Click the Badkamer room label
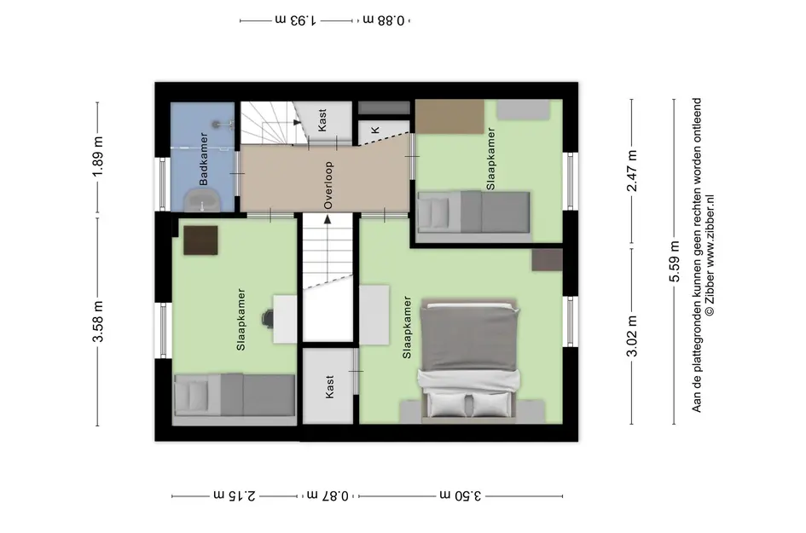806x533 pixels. pos(204,159)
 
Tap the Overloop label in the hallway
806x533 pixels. pos(328,186)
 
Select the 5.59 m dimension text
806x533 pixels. pos(675,262)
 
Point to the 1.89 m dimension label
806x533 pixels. pos(98,156)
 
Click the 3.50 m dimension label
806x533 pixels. pos(461,495)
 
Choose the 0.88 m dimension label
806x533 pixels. pos(385,20)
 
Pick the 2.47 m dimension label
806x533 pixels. pos(632,171)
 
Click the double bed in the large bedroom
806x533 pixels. pos(468,359)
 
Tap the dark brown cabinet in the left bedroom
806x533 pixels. pos(200,240)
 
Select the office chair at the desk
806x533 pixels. pos(268,317)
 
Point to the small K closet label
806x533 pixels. pos(375,130)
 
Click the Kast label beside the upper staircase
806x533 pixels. pos(322,119)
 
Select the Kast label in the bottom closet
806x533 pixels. pos(329,386)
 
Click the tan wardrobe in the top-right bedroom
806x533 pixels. pos(449,117)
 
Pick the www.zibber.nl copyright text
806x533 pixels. pos(710,255)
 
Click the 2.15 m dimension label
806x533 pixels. pos(235,495)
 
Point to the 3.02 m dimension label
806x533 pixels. pos(632,336)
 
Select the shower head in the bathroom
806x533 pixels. pos(218,124)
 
